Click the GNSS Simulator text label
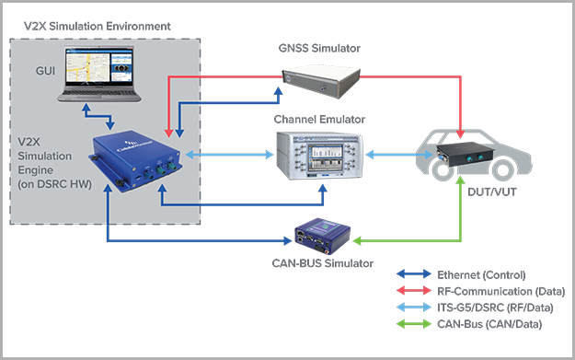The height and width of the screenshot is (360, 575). [318, 47]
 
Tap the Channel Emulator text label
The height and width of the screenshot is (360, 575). [319, 120]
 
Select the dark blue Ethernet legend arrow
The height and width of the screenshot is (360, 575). [416, 275]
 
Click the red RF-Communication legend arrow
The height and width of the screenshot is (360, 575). [416, 291]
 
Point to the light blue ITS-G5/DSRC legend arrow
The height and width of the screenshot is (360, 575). [416, 308]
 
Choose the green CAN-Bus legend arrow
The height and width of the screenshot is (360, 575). [416, 323]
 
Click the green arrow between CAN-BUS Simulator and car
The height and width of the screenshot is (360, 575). [414, 242]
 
